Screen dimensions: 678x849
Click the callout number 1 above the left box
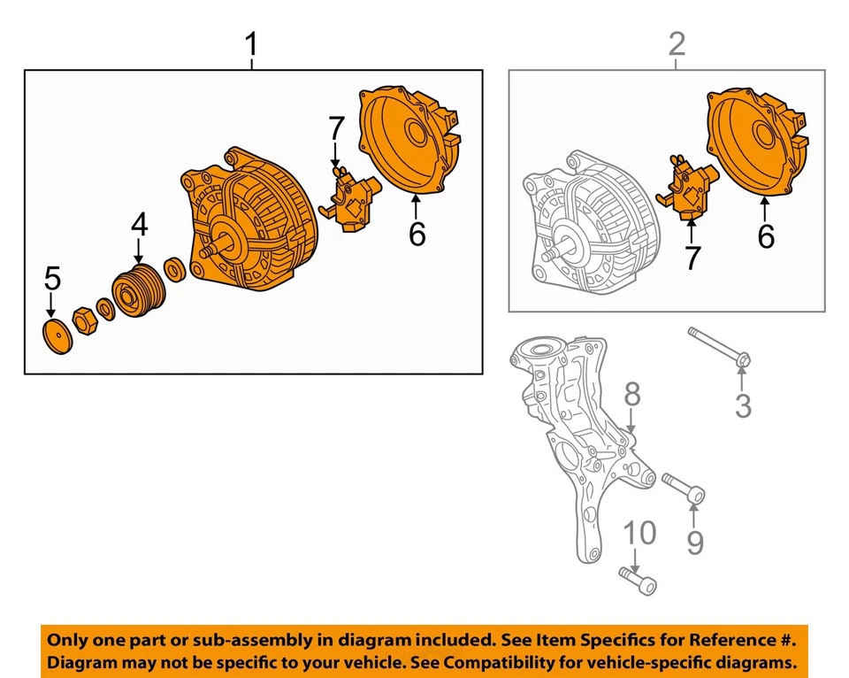tap(252, 43)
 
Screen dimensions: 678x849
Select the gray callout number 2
tap(677, 43)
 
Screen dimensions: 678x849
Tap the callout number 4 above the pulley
tap(139, 225)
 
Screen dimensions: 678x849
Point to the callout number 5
tap(52, 279)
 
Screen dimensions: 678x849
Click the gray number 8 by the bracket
tap(631, 396)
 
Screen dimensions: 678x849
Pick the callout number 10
tap(640, 533)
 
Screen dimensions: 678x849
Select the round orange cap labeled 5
tap(57, 337)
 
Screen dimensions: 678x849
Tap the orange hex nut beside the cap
tap(83, 320)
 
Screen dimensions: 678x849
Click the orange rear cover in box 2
tap(756, 142)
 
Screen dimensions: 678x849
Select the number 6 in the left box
tap(417, 234)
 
